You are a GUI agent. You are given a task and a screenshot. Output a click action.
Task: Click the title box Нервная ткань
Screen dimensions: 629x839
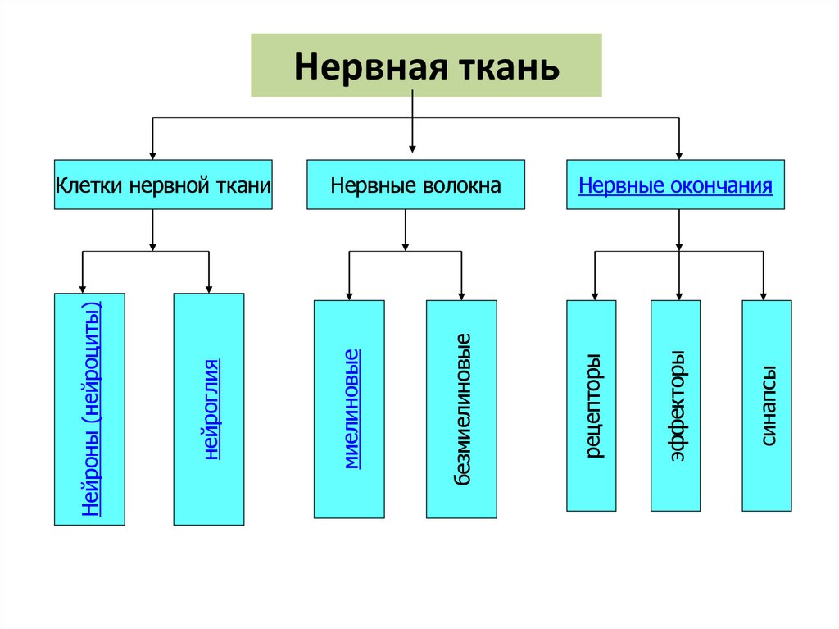pos(426,65)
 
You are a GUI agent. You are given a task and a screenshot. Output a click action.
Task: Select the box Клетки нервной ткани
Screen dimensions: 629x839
pos(163,185)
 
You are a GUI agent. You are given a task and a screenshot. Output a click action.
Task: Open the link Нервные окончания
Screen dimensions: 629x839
pos(675,185)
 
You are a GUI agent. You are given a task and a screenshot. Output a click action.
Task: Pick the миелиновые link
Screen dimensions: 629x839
pos(351,408)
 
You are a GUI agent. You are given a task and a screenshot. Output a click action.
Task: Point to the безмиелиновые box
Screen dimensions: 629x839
pos(462,408)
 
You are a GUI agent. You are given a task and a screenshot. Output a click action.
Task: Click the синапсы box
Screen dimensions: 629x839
pos(768,406)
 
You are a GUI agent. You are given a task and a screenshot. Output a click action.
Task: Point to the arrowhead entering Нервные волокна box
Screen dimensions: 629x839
pos(412,148)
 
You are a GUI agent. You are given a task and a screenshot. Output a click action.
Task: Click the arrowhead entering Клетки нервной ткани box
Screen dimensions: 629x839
pos(152,153)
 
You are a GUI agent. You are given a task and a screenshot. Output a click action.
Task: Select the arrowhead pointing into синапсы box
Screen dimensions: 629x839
pos(764,295)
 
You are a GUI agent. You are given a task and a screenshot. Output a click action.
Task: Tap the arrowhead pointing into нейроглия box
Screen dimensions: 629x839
pos(209,288)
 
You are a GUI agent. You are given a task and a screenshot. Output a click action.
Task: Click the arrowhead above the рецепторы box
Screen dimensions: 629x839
pos(594,295)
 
